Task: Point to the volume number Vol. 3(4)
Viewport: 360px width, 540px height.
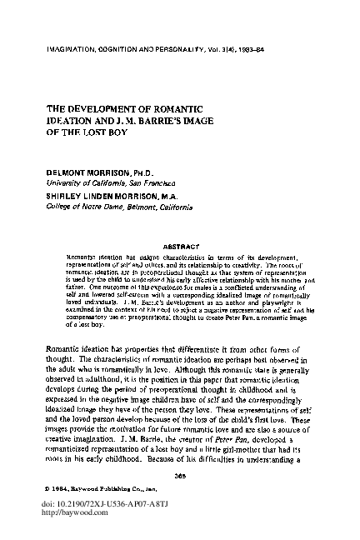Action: (x=224, y=53)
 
